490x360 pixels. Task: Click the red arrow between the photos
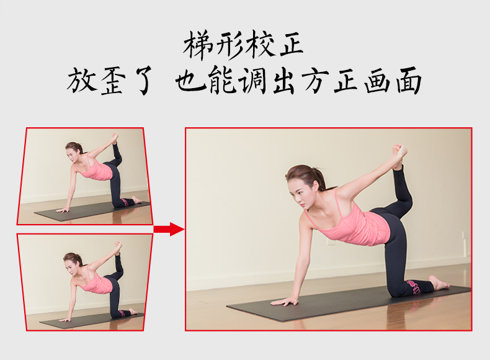169,229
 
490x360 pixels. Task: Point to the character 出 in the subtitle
283,81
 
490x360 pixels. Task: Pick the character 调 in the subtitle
252,81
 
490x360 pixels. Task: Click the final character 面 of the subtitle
409,81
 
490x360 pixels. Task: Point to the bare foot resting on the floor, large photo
439,282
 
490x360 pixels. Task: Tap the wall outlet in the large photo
332,242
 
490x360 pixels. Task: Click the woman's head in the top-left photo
73,151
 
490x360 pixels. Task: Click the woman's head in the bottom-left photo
71,262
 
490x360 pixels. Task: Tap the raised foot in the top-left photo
115,138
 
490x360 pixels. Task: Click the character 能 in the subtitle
223,81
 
